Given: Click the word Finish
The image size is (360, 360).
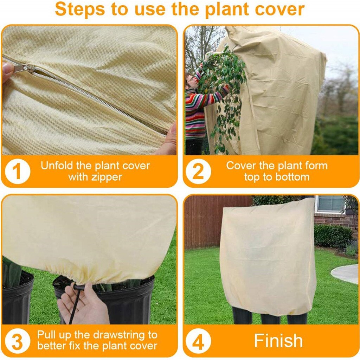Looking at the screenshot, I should [x=278, y=341].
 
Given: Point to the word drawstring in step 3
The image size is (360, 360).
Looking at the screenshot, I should [x=117, y=334].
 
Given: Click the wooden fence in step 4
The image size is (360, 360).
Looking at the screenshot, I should [x=211, y=221].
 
